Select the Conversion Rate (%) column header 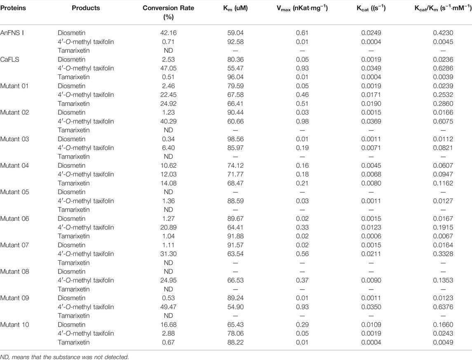click(x=168, y=12)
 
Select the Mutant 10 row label click(x=16, y=325)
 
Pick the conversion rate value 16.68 click(x=168, y=325)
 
